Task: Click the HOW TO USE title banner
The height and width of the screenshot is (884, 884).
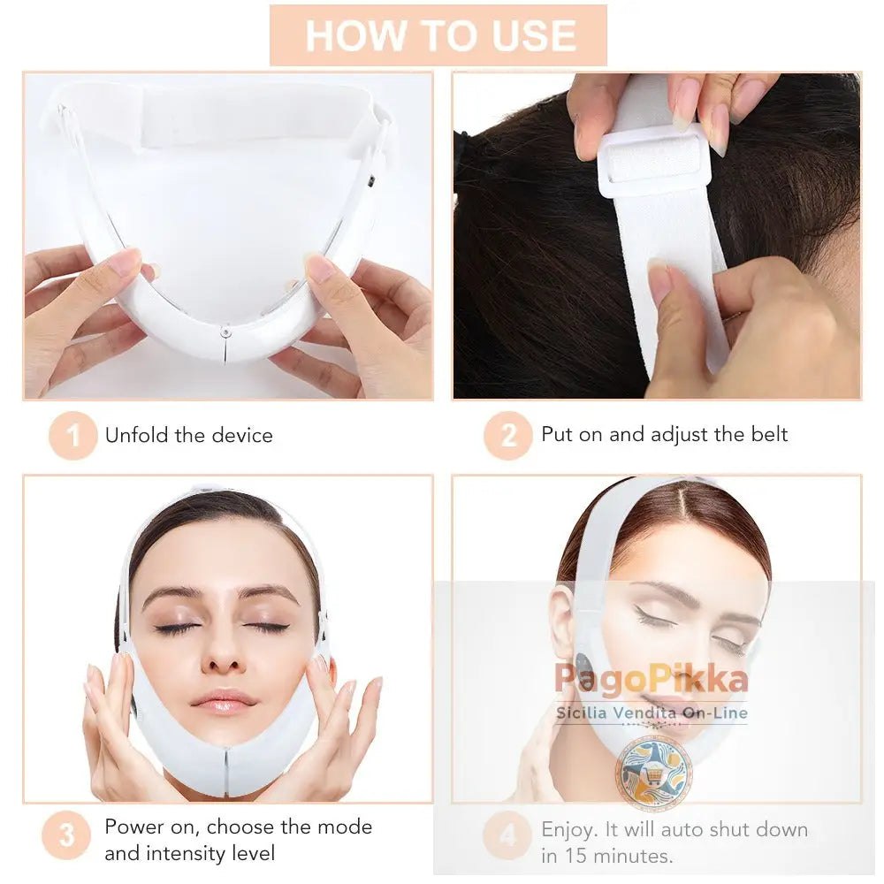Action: click(x=439, y=35)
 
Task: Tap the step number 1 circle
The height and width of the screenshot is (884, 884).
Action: click(x=72, y=435)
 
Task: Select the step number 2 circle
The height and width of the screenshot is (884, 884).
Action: click(x=507, y=435)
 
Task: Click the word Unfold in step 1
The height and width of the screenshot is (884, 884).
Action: click(x=133, y=435)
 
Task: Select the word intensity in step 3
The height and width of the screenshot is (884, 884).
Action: click(x=188, y=853)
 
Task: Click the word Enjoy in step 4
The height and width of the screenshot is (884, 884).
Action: click(x=567, y=829)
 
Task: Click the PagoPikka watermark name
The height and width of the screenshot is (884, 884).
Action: click(x=652, y=680)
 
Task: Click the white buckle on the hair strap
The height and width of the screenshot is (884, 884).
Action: click(x=653, y=162)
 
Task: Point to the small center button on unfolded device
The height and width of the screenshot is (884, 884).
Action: click(x=227, y=331)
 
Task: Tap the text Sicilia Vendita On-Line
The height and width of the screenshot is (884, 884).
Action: click(x=652, y=713)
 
